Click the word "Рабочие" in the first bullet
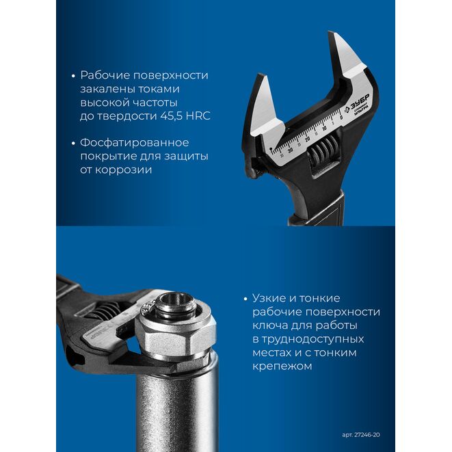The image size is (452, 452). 105,75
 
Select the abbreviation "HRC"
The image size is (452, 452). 198,116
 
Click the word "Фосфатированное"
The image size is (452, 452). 135,143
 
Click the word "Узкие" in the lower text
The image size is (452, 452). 269,297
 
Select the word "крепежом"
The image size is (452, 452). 282,367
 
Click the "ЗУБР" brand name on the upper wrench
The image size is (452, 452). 360,101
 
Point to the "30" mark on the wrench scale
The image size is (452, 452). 291,150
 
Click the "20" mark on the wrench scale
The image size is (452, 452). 307,139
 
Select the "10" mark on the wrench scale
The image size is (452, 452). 324,129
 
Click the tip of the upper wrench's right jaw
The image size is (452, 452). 332,32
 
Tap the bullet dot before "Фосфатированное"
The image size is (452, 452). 73,144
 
